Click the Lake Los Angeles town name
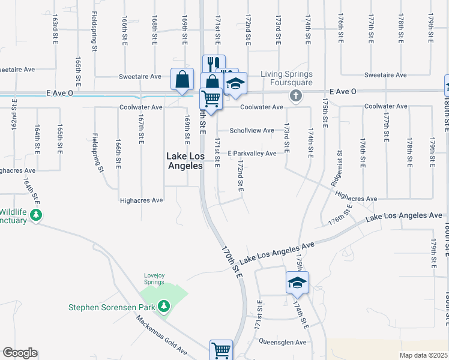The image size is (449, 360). tap(184, 161)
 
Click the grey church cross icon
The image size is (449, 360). tap(296, 95)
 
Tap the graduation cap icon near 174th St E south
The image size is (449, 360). tap(297, 282)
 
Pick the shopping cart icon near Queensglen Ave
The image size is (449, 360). tap(221, 350)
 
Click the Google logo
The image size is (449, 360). tap(20, 353)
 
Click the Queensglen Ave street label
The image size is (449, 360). tap(282, 343)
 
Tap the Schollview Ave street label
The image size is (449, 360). tap(251, 130)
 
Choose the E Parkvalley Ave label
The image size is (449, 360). tap(252, 154)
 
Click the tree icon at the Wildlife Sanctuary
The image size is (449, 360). tap(35, 215)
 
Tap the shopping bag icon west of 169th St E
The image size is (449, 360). tap(182, 80)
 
